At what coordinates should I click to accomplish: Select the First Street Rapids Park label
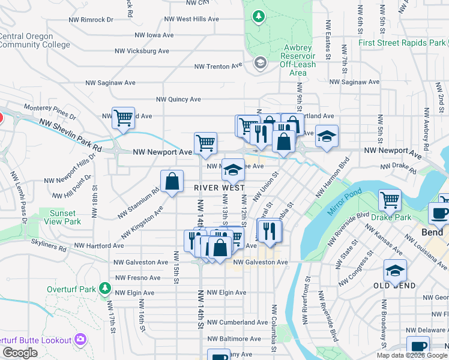click(402, 43)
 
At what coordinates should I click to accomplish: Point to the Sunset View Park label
click(63, 217)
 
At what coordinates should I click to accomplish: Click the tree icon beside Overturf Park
click(105, 289)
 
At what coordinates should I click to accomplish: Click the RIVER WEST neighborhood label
click(219, 188)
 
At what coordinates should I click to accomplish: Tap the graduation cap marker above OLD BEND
click(394, 271)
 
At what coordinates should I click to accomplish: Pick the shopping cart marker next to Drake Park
click(390, 200)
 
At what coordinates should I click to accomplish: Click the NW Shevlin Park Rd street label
click(70, 134)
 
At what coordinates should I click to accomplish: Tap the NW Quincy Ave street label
click(178, 100)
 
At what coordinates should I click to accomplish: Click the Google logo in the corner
click(19, 353)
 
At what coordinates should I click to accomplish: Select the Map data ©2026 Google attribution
click(412, 355)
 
